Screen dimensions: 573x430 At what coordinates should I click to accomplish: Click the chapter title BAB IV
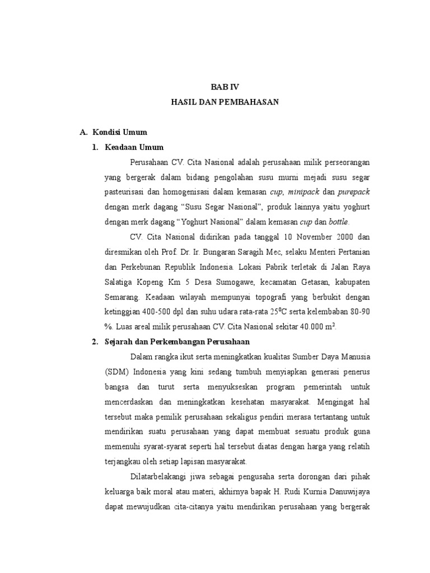click(224, 87)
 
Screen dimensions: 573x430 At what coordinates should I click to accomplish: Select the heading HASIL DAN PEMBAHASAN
click(224, 102)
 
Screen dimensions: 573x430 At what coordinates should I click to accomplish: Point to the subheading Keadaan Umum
click(135, 147)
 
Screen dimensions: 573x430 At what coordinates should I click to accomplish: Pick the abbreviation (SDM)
click(116, 372)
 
